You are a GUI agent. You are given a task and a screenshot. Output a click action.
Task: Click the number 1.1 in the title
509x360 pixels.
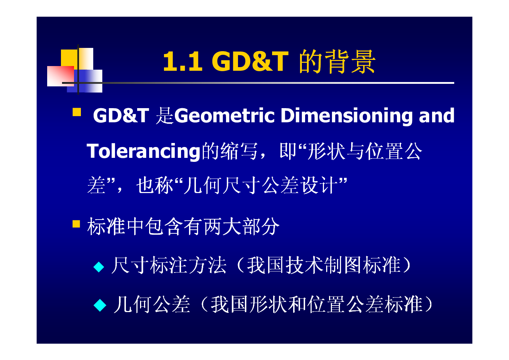click(183, 61)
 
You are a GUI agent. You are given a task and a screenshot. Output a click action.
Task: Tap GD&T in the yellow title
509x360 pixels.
click(250, 61)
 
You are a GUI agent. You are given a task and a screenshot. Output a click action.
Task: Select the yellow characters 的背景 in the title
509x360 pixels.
click(337, 61)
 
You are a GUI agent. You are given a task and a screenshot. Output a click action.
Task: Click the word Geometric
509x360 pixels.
click(224, 116)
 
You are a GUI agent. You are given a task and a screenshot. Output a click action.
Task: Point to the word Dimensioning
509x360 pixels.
click(346, 116)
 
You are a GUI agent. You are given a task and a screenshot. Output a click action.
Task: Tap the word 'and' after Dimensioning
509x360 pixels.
click(436, 115)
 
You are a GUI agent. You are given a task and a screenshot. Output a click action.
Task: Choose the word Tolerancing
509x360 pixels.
click(143, 151)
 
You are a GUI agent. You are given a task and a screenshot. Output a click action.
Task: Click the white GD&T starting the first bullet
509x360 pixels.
click(121, 115)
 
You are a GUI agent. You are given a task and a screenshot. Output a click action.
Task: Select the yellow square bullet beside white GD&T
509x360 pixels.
click(77, 112)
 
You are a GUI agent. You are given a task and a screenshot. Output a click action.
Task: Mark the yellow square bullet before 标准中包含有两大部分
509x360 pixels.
click(76, 224)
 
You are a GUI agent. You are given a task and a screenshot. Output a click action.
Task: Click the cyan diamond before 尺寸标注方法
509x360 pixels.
click(99, 267)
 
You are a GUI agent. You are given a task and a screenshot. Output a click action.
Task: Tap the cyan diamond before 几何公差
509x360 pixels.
click(100, 305)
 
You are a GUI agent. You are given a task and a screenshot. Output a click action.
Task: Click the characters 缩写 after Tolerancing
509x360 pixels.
click(239, 151)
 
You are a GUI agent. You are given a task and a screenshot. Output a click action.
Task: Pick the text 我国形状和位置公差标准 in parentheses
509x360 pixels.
click(316, 304)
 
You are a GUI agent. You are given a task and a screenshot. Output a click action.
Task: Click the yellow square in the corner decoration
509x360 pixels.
click(69, 58)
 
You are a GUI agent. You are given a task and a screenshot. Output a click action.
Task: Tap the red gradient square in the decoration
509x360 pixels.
click(61, 76)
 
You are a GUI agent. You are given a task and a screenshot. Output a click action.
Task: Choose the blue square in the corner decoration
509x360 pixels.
click(85, 81)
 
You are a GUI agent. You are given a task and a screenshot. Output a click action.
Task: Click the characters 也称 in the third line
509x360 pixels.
click(155, 185)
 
